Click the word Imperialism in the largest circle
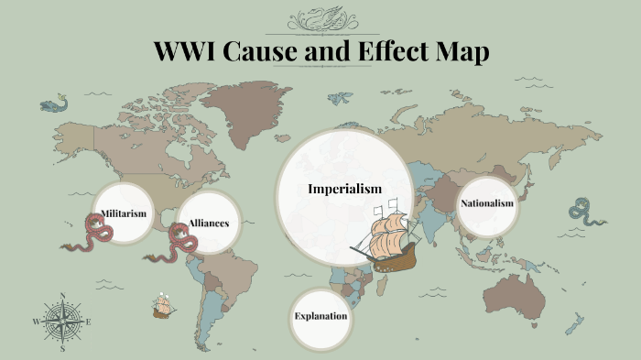[344, 189]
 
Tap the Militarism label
[123, 213]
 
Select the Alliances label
[209, 223]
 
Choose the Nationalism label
[486, 202]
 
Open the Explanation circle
[320, 317]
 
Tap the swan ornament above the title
[321, 19]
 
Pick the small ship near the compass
[164, 306]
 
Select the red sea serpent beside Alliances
[179, 242]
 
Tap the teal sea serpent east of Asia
[583, 212]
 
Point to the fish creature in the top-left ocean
[53, 104]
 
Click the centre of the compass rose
[62, 322]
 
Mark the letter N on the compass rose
[62, 296]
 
